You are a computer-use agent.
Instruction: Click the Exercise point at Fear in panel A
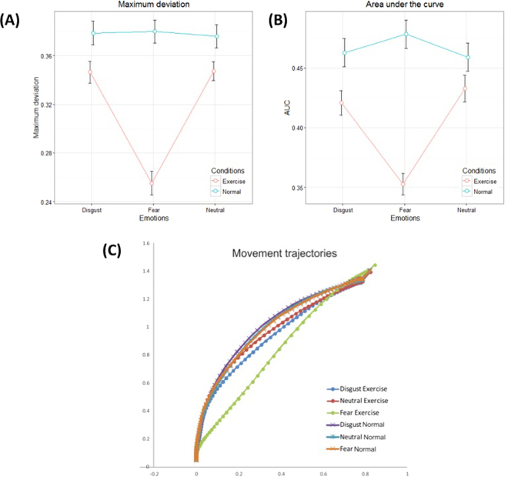152,183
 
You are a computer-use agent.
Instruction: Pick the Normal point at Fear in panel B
406,34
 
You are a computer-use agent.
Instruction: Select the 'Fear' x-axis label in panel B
406,210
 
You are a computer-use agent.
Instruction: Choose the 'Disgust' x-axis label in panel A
90,210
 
